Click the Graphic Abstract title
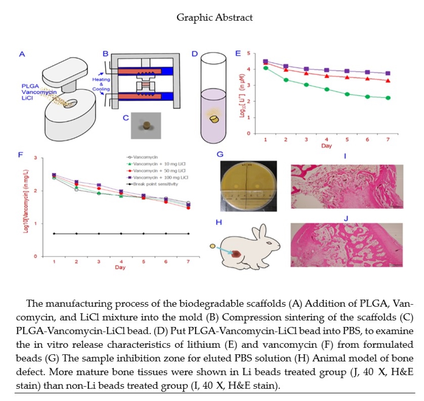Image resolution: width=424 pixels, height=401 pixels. (x=215, y=18)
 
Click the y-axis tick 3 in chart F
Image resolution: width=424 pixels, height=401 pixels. (x=36, y=158)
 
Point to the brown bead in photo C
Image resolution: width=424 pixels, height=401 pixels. (x=147, y=125)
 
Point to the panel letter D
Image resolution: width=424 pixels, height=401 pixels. (x=195, y=54)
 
